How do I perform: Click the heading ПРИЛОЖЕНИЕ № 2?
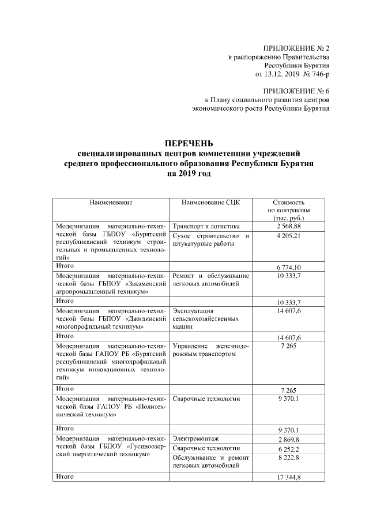[296, 48]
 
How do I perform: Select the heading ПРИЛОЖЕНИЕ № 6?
[296, 92]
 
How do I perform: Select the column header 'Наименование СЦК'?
[210, 203]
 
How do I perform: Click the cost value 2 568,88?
[289, 226]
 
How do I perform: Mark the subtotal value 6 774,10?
[289, 267]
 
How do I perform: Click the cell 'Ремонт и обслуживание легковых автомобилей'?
[210, 280]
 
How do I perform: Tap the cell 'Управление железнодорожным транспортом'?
[210, 350]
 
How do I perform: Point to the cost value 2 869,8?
[289, 440]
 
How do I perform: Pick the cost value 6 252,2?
[289, 449]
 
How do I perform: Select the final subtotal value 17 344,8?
[289, 478]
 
